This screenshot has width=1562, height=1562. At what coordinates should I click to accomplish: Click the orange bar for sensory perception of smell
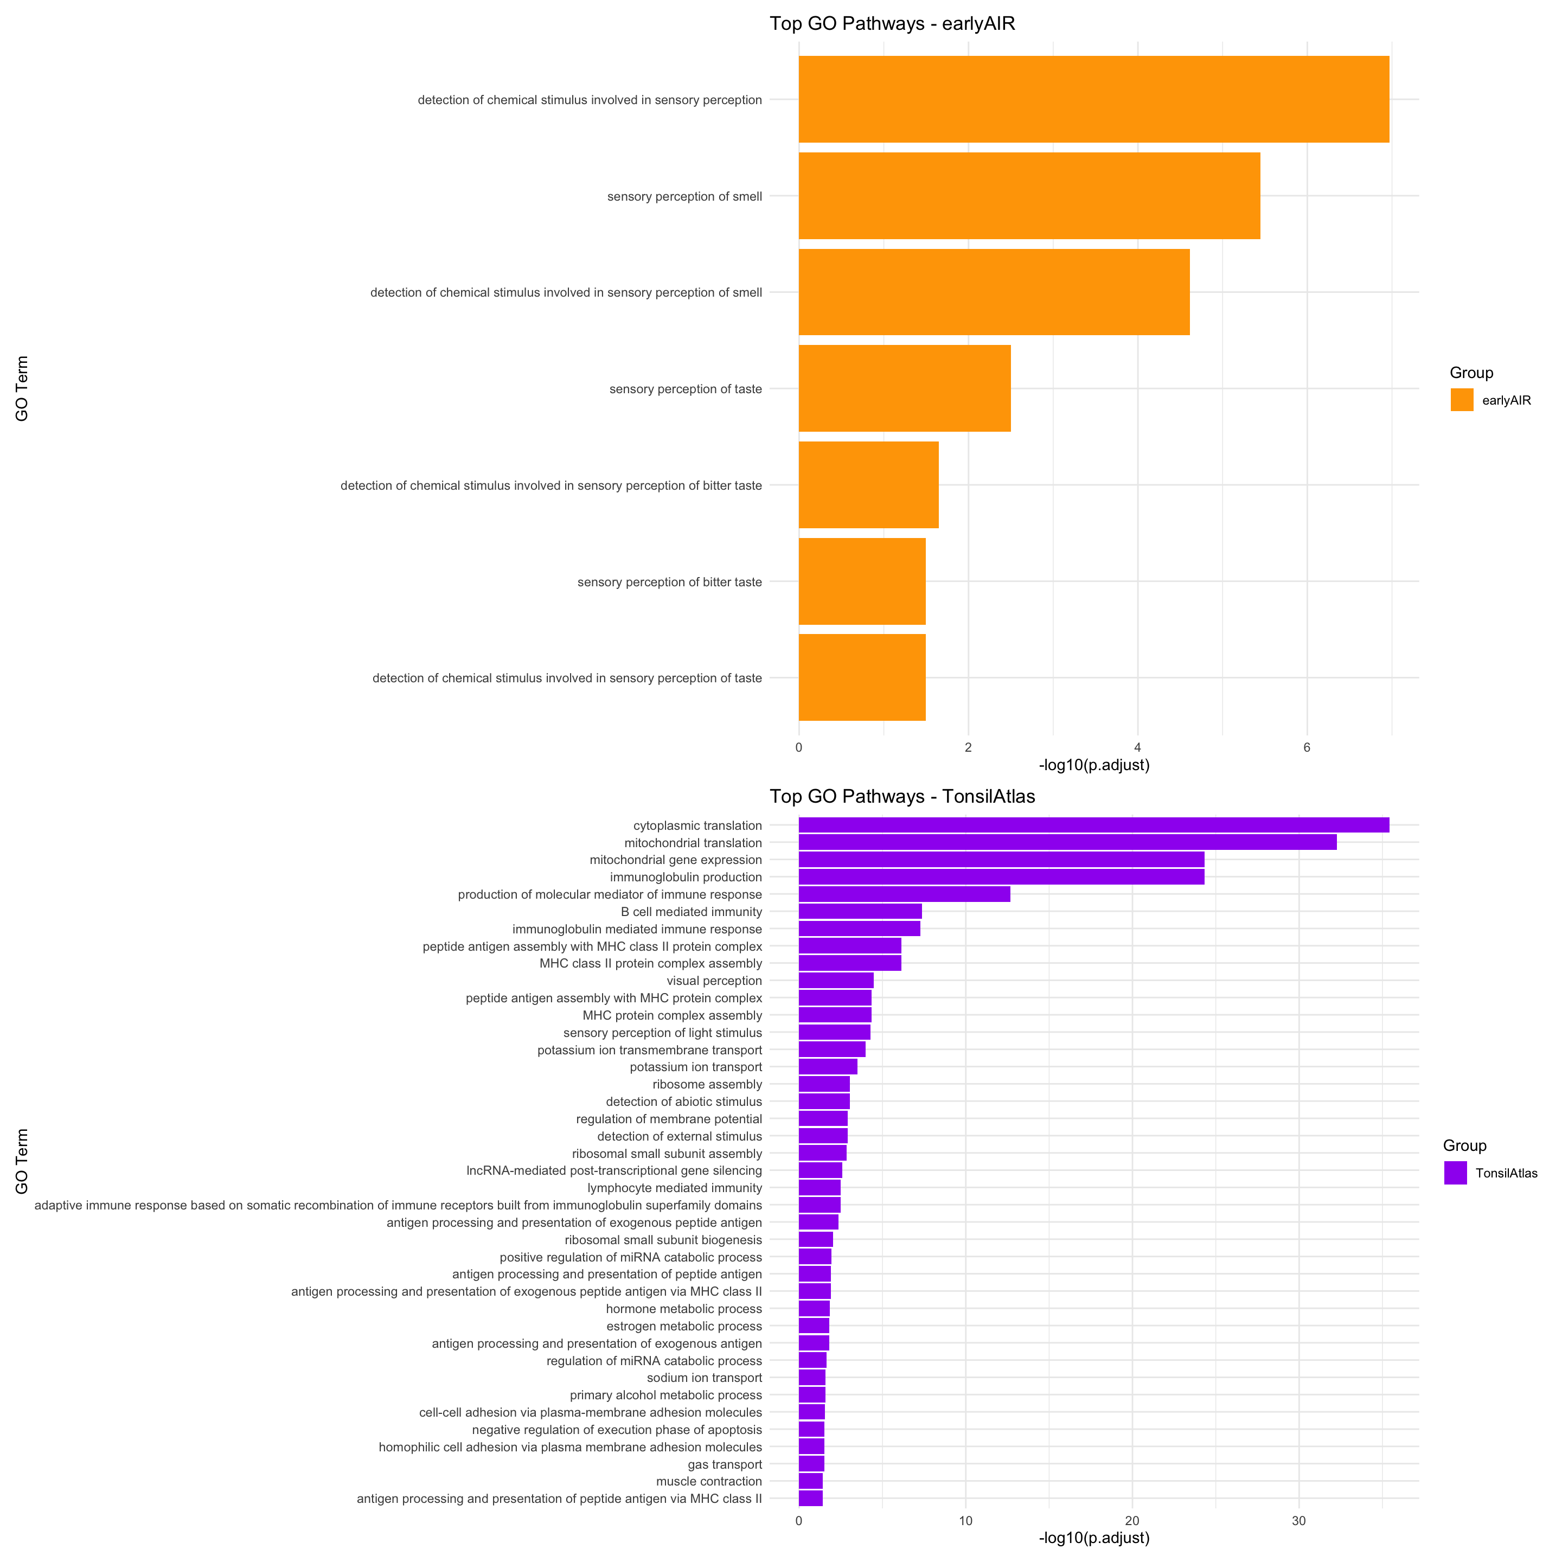pyautogui.click(x=1028, y=196)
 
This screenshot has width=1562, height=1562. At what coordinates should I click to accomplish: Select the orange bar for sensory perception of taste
pyautogui.click(x=904, y=388)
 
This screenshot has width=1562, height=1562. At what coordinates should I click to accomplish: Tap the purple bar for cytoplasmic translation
pyautogui.click(x=1093, y=824)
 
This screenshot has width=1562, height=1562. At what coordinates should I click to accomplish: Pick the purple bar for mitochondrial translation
pyautogui.click(x=1067, y=842)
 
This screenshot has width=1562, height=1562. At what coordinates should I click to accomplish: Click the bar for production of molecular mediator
pyautogui.click(x=904, y=894)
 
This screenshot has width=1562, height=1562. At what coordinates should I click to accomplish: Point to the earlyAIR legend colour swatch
pyautogui.click(x=1462, y=399)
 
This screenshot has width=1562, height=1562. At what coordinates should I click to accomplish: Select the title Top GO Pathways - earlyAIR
pyautogui.click(x=892, y=23)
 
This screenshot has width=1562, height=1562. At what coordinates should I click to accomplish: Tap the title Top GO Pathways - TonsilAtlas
pyautogui.click(x=902, y=796)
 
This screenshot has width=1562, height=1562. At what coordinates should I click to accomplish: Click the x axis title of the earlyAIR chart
pyautogui.click(x=1094, y=765)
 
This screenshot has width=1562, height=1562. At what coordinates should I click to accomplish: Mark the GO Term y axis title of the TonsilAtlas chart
pyautogui.click(x=22, y=1161)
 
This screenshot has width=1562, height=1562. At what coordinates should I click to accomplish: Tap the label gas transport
pyautogui.click(x=725, y=1464)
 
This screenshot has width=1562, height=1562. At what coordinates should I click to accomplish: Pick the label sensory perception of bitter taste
pyautogui.click(x=669, y=582)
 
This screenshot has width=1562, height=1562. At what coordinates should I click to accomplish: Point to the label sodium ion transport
pyautogui.click(x=704, y=1378)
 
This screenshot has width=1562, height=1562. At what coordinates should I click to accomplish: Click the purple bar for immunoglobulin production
pyautogui.click(x=1001, y=877)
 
